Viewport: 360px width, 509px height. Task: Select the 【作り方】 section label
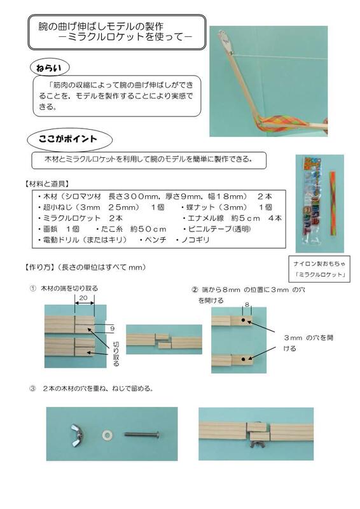coord(40,268)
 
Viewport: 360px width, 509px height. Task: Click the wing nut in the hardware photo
coord(78,435)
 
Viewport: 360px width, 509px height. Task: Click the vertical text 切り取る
coord(116,354)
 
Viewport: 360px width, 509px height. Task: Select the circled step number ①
coord(32,288)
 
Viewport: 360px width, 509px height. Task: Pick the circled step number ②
coord(195,289)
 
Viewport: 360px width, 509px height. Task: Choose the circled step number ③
coord(32,387)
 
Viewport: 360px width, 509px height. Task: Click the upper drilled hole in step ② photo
coord(247,322)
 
